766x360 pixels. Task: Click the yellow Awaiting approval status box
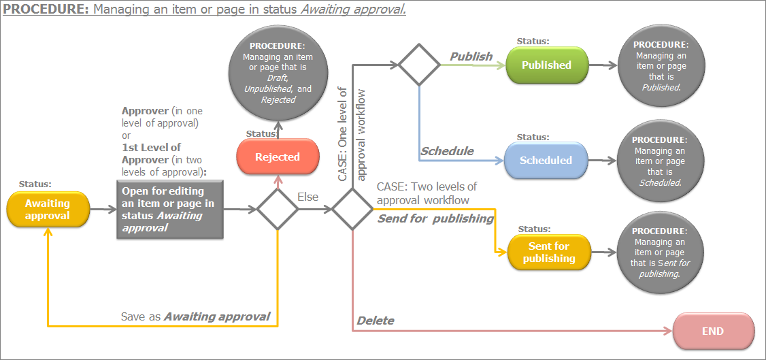click(x=48, y=210)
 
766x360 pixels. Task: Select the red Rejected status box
click(x=278, y=157)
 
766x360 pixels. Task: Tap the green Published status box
click(x=546, y=65)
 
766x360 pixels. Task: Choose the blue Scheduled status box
click(x=546, y=161)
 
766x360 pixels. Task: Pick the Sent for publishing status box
click(x=549, y=252)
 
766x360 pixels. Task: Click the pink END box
click(x=713, y=331)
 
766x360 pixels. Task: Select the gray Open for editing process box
click(x=169, y=210)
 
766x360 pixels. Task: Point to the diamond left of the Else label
click(x=278, y=210)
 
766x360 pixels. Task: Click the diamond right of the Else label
click(x=353, y=210)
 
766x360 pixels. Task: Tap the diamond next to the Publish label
click(x=419, y=65)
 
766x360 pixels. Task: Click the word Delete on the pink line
click(x=376, y=321)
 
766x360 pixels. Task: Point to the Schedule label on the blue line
click(x=447, y=151)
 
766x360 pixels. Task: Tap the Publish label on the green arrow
click(x=471, y=56)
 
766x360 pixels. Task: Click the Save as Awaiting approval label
click(x=195, y=316)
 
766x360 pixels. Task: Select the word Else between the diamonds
click(x=307, y=197)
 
